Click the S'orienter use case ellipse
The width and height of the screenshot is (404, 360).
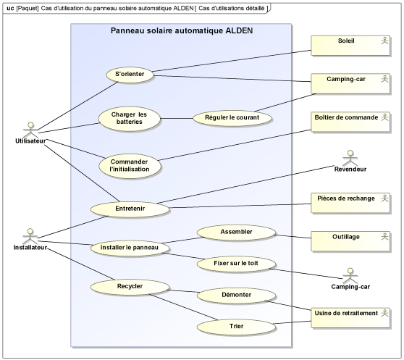tap(130, 75)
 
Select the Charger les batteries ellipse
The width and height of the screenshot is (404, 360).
tap(130, 119)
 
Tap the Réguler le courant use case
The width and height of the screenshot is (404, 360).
tap(232, 118)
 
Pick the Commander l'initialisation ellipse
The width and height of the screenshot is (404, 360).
tap(130, 166)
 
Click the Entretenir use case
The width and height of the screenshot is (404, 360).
tap(130, 209)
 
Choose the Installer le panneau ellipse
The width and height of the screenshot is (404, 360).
tap(130, 248)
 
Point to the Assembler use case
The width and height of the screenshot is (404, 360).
tap(236, 233)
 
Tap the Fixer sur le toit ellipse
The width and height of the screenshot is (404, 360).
tap(236, 264)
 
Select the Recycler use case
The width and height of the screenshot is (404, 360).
tap(130, 287)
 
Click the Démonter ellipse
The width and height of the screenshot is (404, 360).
tap(236, 296)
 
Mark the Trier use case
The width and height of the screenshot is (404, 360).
tap(236, 327)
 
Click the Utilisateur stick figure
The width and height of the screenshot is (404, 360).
tap(30, 130)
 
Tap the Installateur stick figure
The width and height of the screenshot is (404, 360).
tap(30, 236)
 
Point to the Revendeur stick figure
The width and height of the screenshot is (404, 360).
tap(350, 158)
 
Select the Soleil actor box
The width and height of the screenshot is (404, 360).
tap(350, 46)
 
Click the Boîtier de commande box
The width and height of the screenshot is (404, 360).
tap(350, 122)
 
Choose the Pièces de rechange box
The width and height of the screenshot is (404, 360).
tap(350, 203)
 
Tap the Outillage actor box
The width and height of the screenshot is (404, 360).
tap(350, 241)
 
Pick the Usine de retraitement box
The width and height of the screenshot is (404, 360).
tap(350, 318)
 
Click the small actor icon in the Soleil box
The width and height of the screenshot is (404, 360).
tap(384, 41)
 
